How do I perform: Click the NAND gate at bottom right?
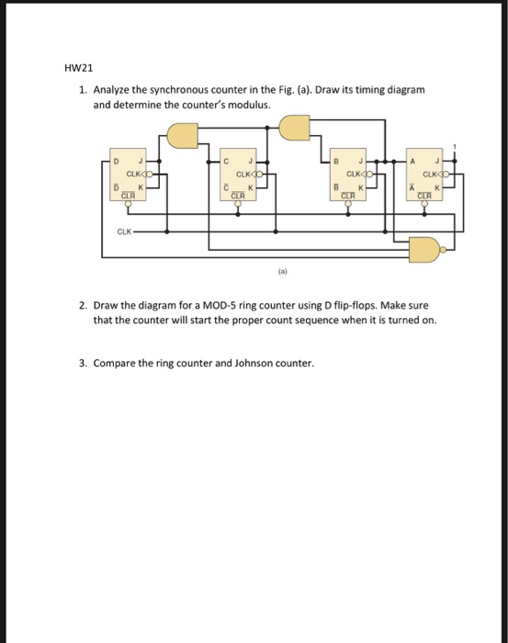point(425,246)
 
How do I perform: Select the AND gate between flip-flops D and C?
point(182,136)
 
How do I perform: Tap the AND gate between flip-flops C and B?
point(294,128)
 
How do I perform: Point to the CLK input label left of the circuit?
point(122,231)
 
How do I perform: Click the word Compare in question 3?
point(115,362)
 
